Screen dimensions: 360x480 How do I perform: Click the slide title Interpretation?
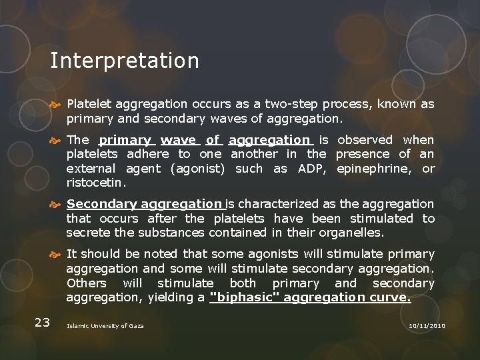(x=125, y=61)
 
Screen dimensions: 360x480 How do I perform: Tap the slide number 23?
(x=42, y=323)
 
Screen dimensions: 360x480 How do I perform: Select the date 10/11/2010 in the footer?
(x=425, y=325)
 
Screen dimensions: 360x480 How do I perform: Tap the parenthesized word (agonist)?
(x=201, y=169)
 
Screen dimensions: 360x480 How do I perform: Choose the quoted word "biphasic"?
(x=243, y=298)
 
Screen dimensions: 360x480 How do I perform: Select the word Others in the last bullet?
(x=86, y=283)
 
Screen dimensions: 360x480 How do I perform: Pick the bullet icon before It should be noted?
(x=57, y=255)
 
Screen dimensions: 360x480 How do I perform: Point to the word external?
(x=89, y=169)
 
